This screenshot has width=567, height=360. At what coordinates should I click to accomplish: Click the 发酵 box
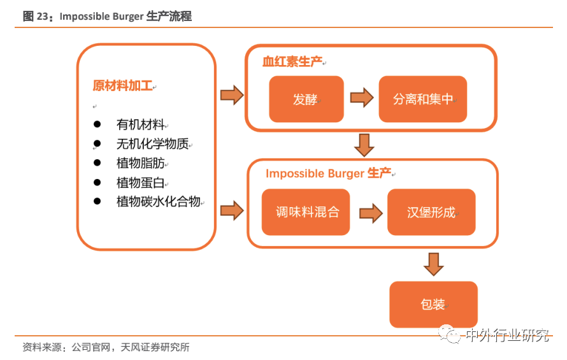click(306, 99)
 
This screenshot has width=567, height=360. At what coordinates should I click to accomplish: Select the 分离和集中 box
click(422, 99)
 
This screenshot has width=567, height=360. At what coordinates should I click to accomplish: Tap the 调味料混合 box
click(306, 212)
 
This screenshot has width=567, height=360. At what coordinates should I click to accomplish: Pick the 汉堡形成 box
click(431, 212)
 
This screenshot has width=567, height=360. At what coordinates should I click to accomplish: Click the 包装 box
click(433, 304)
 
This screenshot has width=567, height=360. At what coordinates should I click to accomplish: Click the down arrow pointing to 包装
click(434, 264)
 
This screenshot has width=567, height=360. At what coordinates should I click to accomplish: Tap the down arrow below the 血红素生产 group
click(364, 145)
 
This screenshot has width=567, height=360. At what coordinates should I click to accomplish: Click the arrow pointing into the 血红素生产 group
click(231, 95)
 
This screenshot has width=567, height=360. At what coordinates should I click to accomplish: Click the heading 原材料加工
click(123, 86)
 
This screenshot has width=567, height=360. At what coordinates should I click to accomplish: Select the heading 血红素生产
click(292, 62)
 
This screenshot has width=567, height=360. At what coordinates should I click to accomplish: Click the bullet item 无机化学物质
click(152, 144)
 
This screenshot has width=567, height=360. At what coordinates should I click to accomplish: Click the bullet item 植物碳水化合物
click(159, 202)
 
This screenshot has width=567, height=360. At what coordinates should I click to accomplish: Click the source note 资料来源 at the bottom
click(106, 347)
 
